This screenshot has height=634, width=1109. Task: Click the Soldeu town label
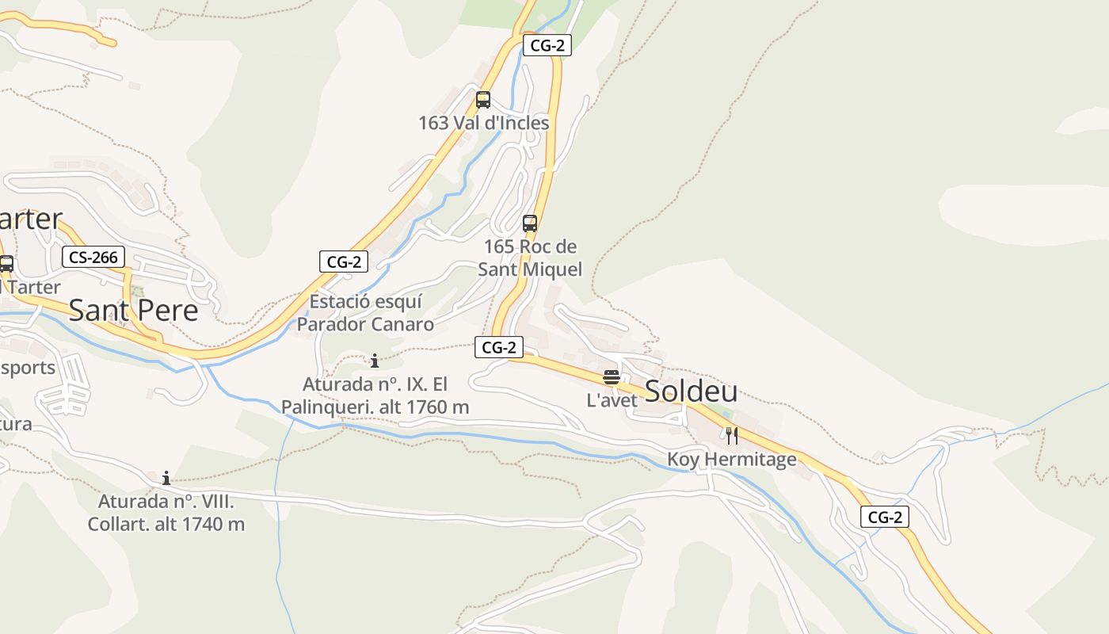coord(691,391)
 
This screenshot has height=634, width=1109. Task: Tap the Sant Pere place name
coord(133,310)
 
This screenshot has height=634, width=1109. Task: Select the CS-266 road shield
coord(93,257)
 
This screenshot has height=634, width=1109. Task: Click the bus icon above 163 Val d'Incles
coord(482,100)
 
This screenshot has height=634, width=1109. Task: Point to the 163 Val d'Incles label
coord(483,123)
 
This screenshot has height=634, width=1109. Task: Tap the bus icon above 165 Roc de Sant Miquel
coord(530,223)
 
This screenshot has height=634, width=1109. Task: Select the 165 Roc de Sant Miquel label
coord(530,258)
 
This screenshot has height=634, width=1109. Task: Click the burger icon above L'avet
coord(611,376)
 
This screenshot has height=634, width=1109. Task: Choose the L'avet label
coord(612,400)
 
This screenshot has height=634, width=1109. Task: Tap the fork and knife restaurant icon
coord(731,435)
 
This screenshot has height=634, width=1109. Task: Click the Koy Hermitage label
coord(731,460)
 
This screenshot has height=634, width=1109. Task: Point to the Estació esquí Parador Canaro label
coord(365,313)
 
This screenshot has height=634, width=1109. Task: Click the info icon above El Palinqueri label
coord(375,361)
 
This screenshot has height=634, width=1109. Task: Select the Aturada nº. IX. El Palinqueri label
coord(375,395)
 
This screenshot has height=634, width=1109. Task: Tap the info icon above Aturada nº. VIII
coord(166,478)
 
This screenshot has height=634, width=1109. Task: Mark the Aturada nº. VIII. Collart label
coord(166,513)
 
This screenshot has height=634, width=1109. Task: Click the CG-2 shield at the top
coord(547,45)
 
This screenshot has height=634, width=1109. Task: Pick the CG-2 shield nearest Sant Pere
coord(344,262)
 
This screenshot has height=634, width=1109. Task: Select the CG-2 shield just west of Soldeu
coord(499,347)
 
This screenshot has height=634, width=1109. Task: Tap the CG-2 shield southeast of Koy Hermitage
coord(885,518)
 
